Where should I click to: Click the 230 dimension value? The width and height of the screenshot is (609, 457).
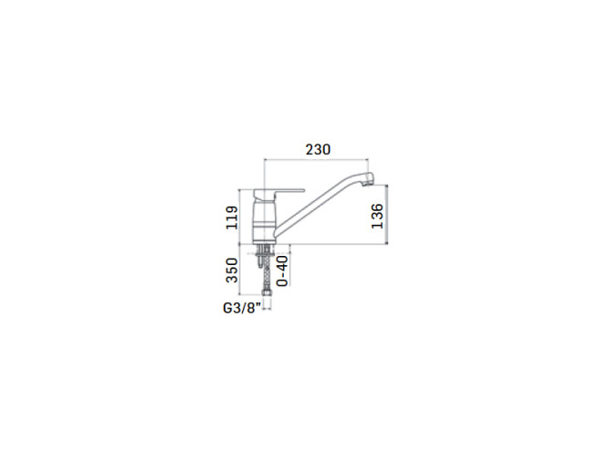[318, 150]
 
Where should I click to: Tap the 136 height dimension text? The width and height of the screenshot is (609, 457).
[377, 216]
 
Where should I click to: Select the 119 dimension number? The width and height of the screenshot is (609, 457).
[232, 218]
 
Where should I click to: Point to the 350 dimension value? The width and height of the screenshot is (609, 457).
[232, 270]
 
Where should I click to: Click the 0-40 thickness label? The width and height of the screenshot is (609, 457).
[283, 271]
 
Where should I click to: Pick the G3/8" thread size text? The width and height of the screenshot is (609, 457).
[241, 308]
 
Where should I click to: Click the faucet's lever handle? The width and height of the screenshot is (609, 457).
[278, 193]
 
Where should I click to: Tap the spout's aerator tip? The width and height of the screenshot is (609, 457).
[368, 181]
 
